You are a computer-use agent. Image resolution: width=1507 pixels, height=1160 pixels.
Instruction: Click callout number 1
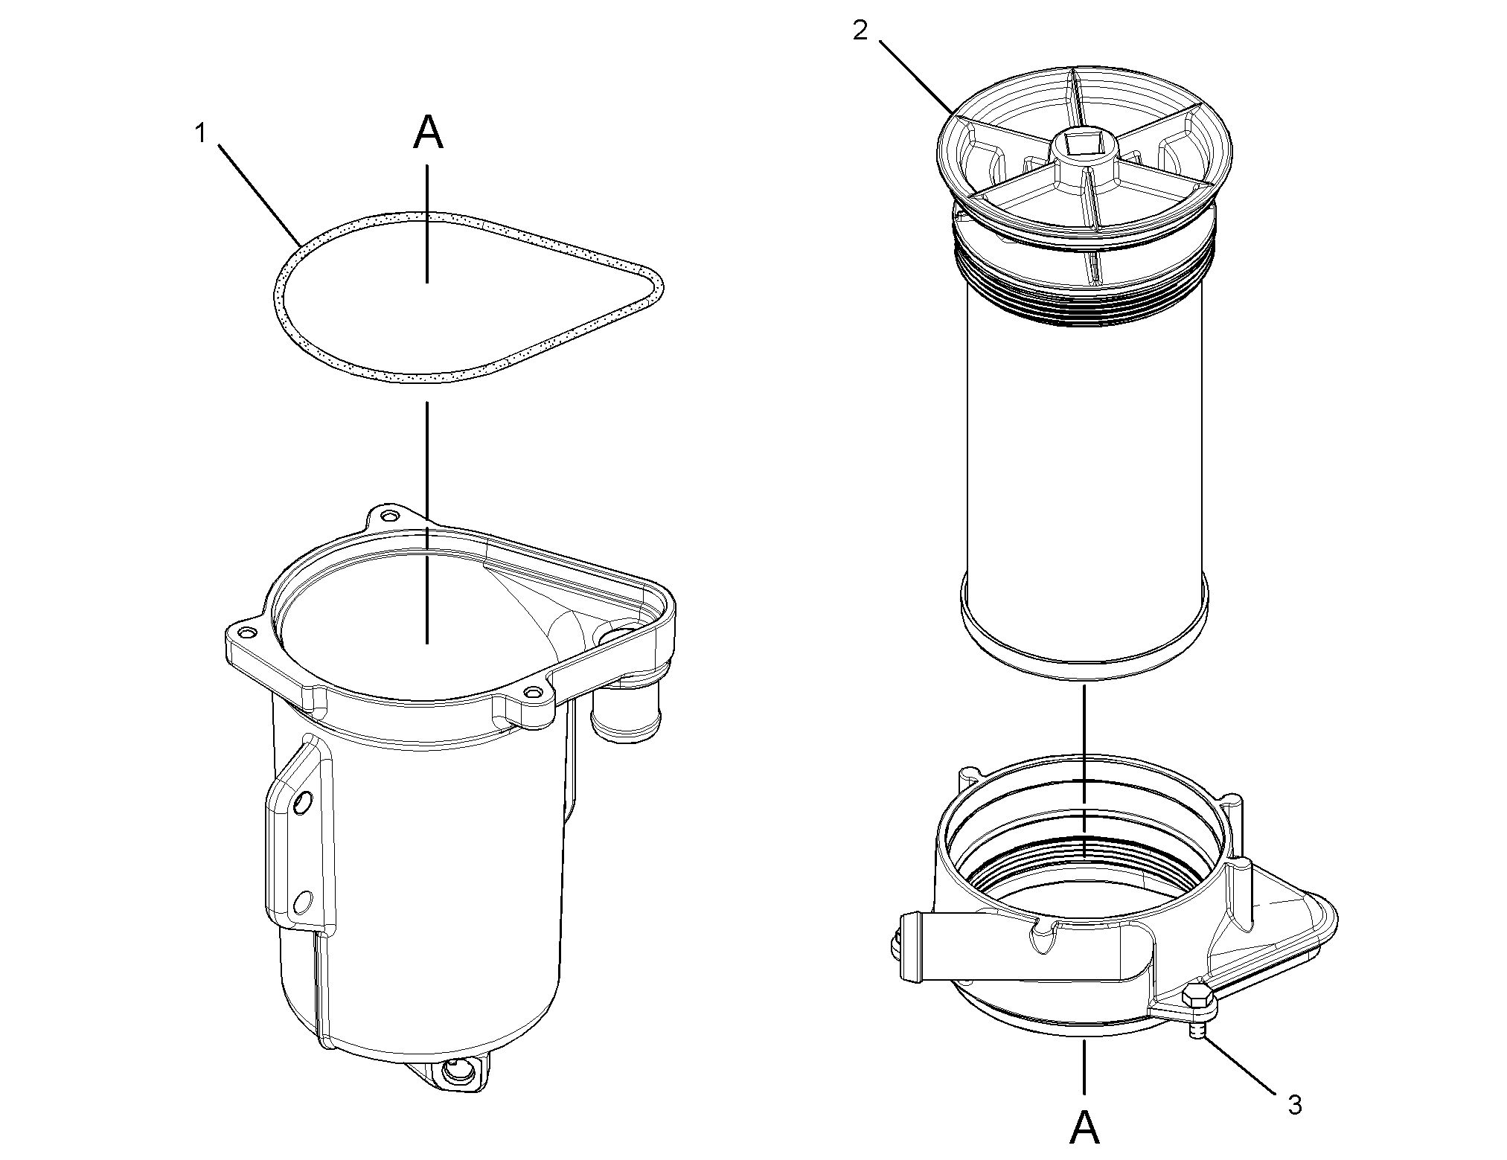(199, 133)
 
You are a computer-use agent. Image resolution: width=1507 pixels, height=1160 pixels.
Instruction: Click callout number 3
(1295, 1105)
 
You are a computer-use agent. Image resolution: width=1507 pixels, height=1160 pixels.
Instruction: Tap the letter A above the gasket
(428, 133)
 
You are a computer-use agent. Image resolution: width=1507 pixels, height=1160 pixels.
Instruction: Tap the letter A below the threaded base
(1084, 1127)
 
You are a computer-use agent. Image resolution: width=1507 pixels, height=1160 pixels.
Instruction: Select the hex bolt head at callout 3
(1199, 998)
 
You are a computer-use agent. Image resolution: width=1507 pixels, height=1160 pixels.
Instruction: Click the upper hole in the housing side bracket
(301, 802)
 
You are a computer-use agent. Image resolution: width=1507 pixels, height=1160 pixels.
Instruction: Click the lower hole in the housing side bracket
(301, 902)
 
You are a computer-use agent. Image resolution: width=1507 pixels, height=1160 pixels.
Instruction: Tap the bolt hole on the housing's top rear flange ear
(387, 516)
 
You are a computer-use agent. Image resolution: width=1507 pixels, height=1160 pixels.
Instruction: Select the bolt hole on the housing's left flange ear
(245, 633)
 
